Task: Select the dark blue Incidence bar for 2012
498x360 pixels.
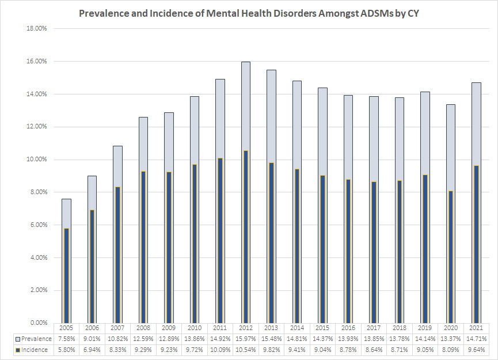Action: tap(245, 236)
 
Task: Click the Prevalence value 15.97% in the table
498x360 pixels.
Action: tap(245, 338)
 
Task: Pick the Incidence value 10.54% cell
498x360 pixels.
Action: tap(245, 350)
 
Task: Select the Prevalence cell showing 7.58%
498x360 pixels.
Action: tap(66, 338)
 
